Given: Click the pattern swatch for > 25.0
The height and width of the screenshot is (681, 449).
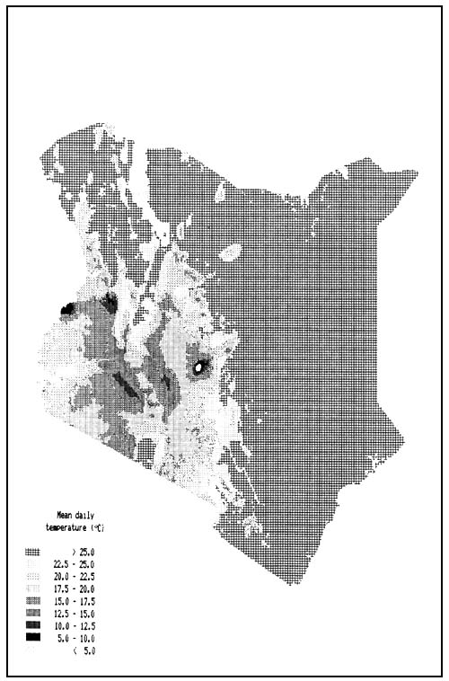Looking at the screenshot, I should tap(33, 551).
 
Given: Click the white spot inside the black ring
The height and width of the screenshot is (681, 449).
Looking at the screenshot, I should tap(198, 367).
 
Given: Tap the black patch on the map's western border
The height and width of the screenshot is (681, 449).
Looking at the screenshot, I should tap(67, 310).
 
